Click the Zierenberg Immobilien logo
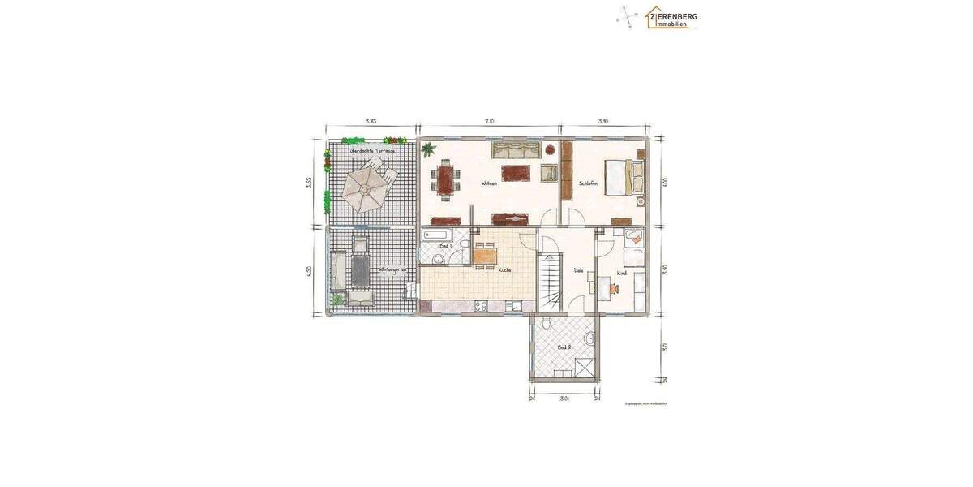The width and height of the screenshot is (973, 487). pyautogui.click(x=671, y=18)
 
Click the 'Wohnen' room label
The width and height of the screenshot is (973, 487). pyautogui.click(x=489, y=184)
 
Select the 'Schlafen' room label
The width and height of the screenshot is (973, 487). pyautogui.click(x=588, y=183)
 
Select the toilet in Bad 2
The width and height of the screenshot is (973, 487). pyautogui.click(x=547, y=324)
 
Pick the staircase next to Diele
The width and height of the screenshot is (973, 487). pyautogui.click(x=551, y=281)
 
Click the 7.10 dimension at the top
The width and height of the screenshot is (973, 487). pyautogui.click(x=489, y=121)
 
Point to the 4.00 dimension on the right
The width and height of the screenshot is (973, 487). pyautogui.click(x=664, y=182)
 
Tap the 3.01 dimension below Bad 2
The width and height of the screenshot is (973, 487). pyautogui.click(x=564, y=399)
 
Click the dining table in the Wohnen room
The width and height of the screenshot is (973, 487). pyautogui.click(x=446, y=179)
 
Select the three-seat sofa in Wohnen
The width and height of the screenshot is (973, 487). pyautogui.click(x=516, y=149)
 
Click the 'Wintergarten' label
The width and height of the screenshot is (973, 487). pyautogui.click(x=392, y=269)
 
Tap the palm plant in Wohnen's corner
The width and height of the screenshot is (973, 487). pyautogui.click(x=428, y=149)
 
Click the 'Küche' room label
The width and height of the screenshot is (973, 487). pyautogui.click(x=504, y=270)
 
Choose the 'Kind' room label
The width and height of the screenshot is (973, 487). pyautogui.click(x=622, y=273)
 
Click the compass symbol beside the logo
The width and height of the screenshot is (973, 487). pyautogui.click(x=627, y=16)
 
